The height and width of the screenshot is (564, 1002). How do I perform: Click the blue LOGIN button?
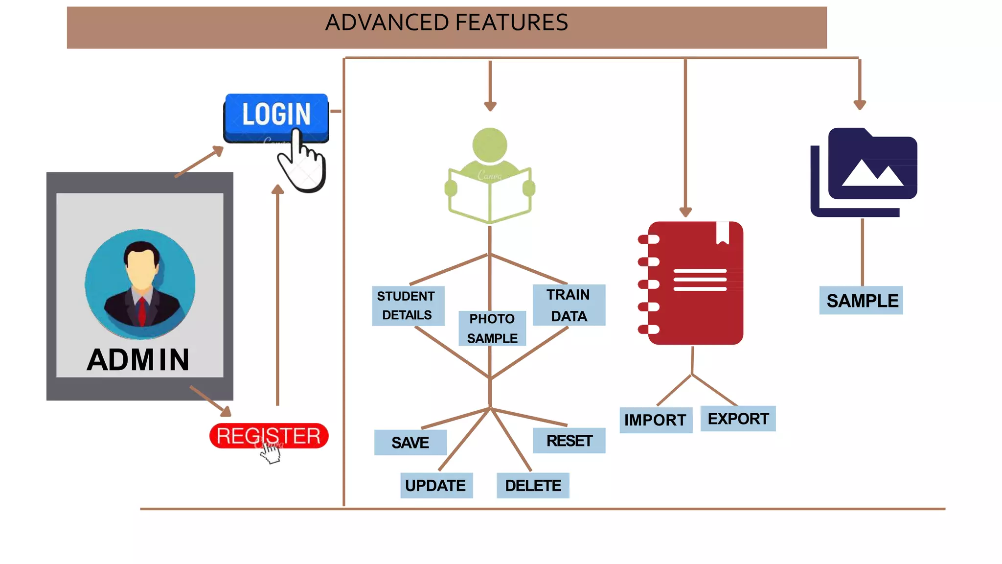275,115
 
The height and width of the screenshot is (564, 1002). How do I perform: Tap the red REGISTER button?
268,435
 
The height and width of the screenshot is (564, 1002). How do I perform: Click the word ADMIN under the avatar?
138,360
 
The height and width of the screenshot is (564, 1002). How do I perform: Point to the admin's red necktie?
141,311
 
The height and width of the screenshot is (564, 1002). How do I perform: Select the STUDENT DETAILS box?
408,305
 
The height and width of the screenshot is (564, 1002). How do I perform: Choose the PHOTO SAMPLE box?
492,328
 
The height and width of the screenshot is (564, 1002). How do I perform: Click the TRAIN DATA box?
569,305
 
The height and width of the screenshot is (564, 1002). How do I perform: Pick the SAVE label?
410,443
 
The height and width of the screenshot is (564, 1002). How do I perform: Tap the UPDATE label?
436,485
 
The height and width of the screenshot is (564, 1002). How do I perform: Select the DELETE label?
533,485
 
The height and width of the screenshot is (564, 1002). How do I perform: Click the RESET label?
569,441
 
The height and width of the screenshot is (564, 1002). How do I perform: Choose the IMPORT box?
655,420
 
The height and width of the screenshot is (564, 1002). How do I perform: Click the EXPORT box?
738,419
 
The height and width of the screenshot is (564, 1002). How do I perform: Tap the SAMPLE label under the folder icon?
862,300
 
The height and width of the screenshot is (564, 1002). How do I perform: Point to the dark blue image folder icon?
865,171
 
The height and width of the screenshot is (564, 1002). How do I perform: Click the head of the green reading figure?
490,145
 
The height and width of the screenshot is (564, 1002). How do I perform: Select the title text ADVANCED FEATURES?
446,23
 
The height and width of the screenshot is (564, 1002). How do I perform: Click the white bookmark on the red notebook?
723,232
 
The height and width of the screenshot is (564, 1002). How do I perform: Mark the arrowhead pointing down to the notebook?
685,212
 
